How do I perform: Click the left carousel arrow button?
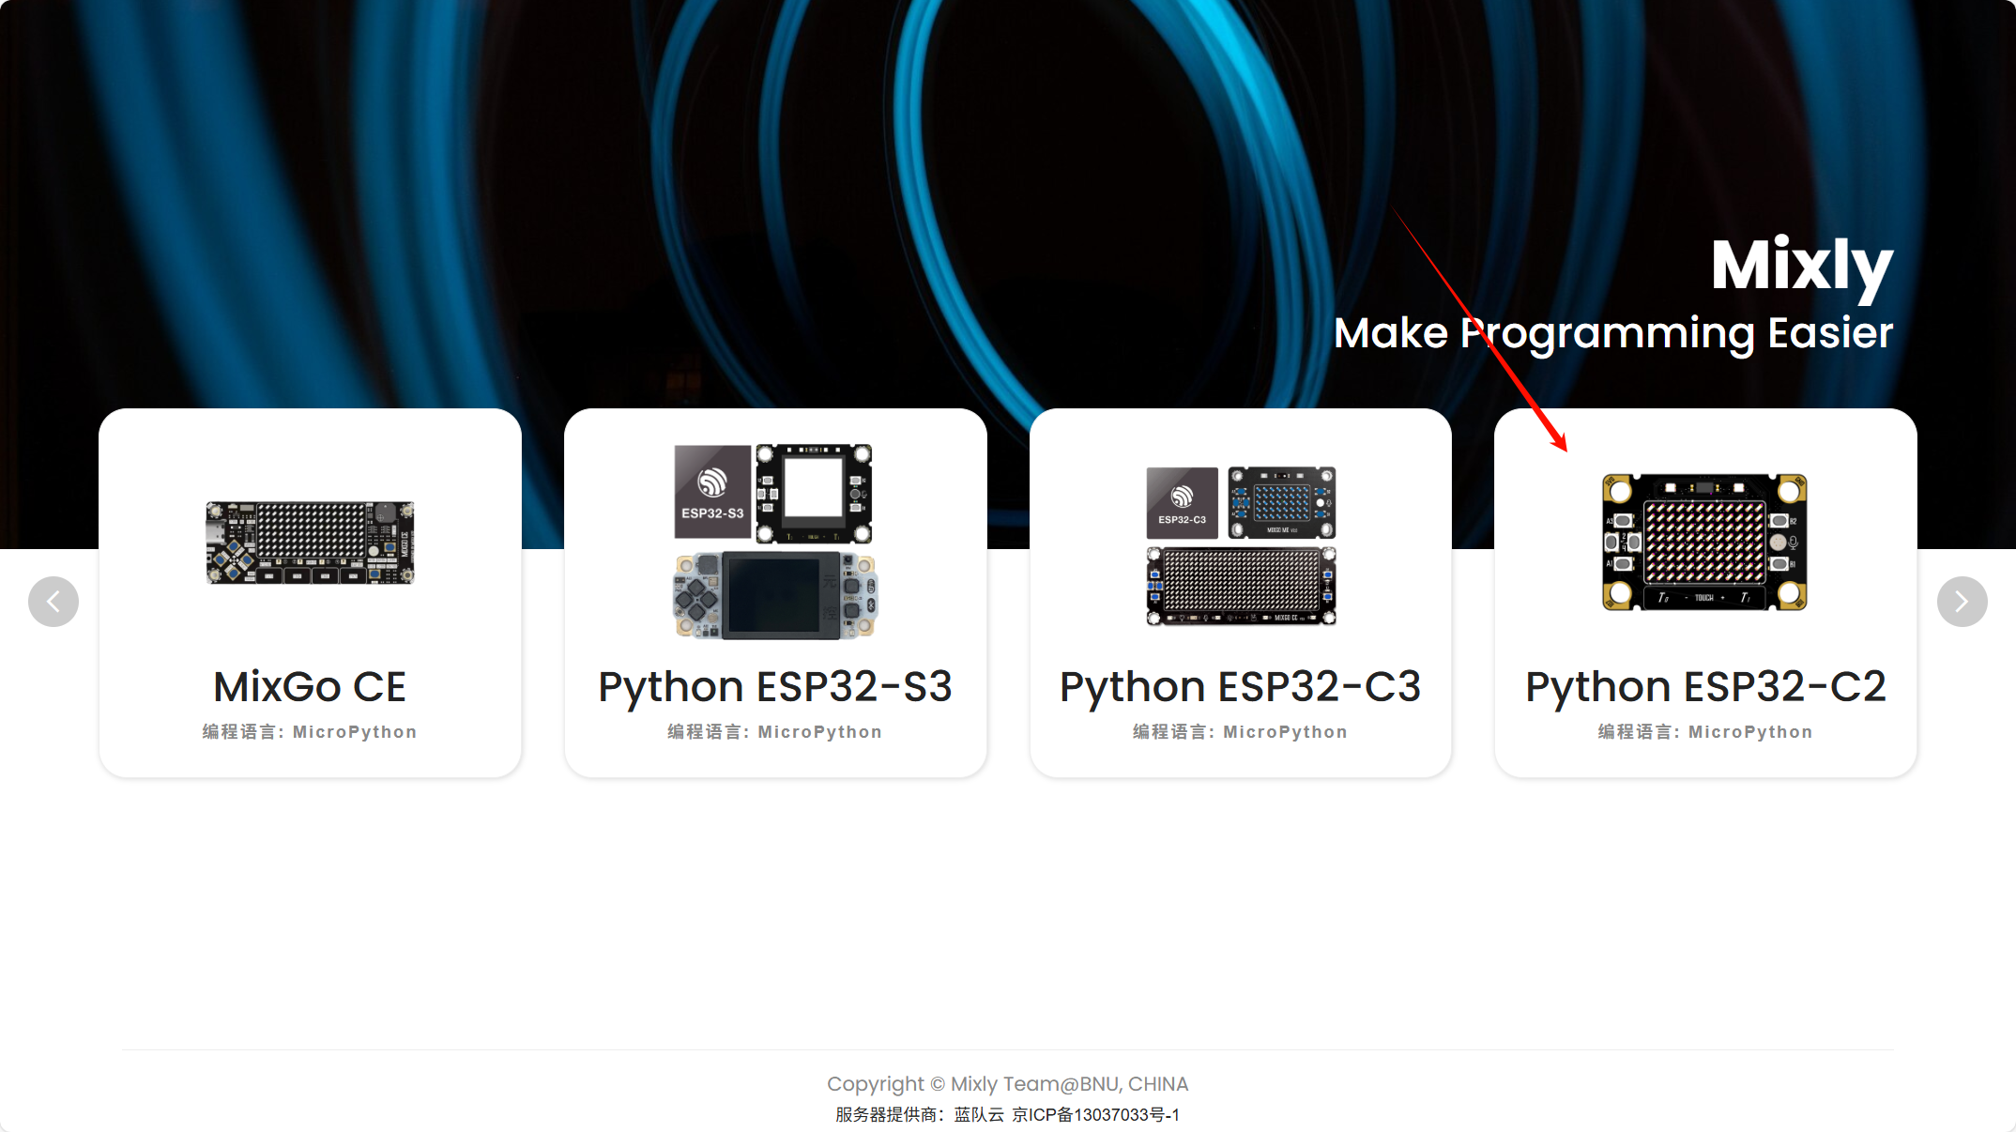point(53,602)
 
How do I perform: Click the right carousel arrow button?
point(1962,602)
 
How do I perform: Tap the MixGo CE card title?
point(310,687)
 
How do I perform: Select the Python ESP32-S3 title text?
point(775,687)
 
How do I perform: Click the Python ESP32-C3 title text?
point(1240,687)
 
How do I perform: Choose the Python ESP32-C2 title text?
point(1705,687)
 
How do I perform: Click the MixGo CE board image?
point(310,543)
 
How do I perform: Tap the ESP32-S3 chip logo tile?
point(712,492)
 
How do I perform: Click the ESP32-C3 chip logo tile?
point(1182,503)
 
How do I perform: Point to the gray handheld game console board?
point(775,596)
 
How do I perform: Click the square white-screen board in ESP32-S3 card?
point(814,494)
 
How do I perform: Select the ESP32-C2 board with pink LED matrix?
point(1704,543)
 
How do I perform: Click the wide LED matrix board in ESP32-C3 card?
point(1241,586)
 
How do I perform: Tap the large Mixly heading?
point(1801,266)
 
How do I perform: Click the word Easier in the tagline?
point(1830,333)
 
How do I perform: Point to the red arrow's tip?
point(1565,450)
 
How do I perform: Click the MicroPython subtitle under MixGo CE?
point(310,732)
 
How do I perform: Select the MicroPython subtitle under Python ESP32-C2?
point(1705,732)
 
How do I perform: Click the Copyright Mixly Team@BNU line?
point(1007,1084)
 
